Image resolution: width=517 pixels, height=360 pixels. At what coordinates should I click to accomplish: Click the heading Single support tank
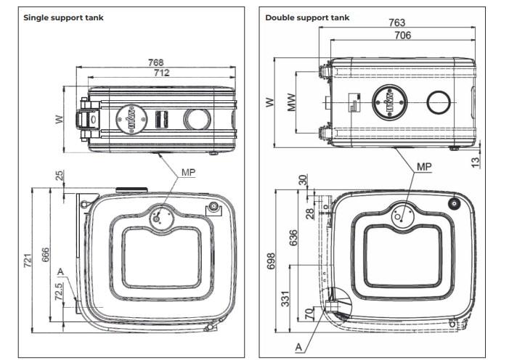63,17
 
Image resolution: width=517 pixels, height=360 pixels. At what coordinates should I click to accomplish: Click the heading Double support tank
308,17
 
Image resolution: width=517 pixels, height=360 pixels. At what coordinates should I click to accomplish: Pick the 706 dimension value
402,35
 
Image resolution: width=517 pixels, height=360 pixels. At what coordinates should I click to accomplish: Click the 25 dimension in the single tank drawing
57,175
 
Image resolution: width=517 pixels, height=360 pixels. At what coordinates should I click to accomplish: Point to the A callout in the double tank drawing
300,347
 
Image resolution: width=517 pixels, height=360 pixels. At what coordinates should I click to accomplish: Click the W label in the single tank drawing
60,118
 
